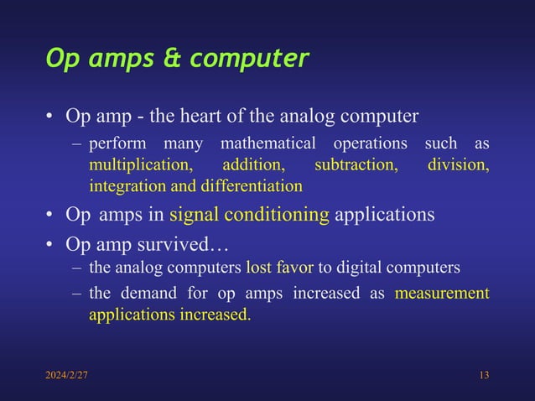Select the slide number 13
click(483, 374)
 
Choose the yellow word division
click(458, 164)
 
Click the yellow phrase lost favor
click(280, 268)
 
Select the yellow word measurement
click(442, 294)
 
